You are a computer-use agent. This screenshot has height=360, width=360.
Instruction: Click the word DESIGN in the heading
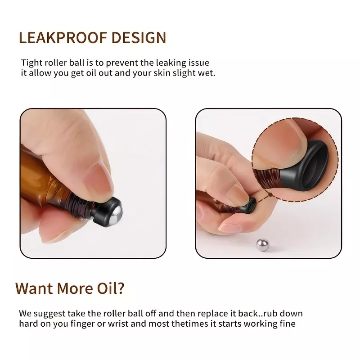(x=139, y=38)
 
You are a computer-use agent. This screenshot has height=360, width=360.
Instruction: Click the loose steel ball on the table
(x=262, y=245)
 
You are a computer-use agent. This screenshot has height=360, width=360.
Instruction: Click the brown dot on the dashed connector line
(x=270, y=195)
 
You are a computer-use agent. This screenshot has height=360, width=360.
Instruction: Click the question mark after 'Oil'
(x=120, y=288)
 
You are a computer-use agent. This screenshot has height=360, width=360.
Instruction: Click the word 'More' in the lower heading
(x=75, y=288)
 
